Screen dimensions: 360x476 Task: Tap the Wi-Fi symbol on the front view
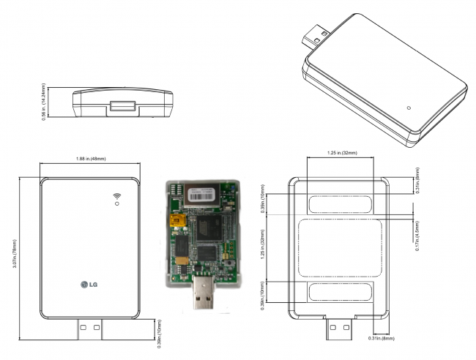[x=116, y=195]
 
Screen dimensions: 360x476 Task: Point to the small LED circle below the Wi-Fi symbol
[x=116, y=204]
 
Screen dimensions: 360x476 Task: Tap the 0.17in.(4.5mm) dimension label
[x=417, y=235]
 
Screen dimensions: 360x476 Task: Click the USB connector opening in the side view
[x=122, y=106]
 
